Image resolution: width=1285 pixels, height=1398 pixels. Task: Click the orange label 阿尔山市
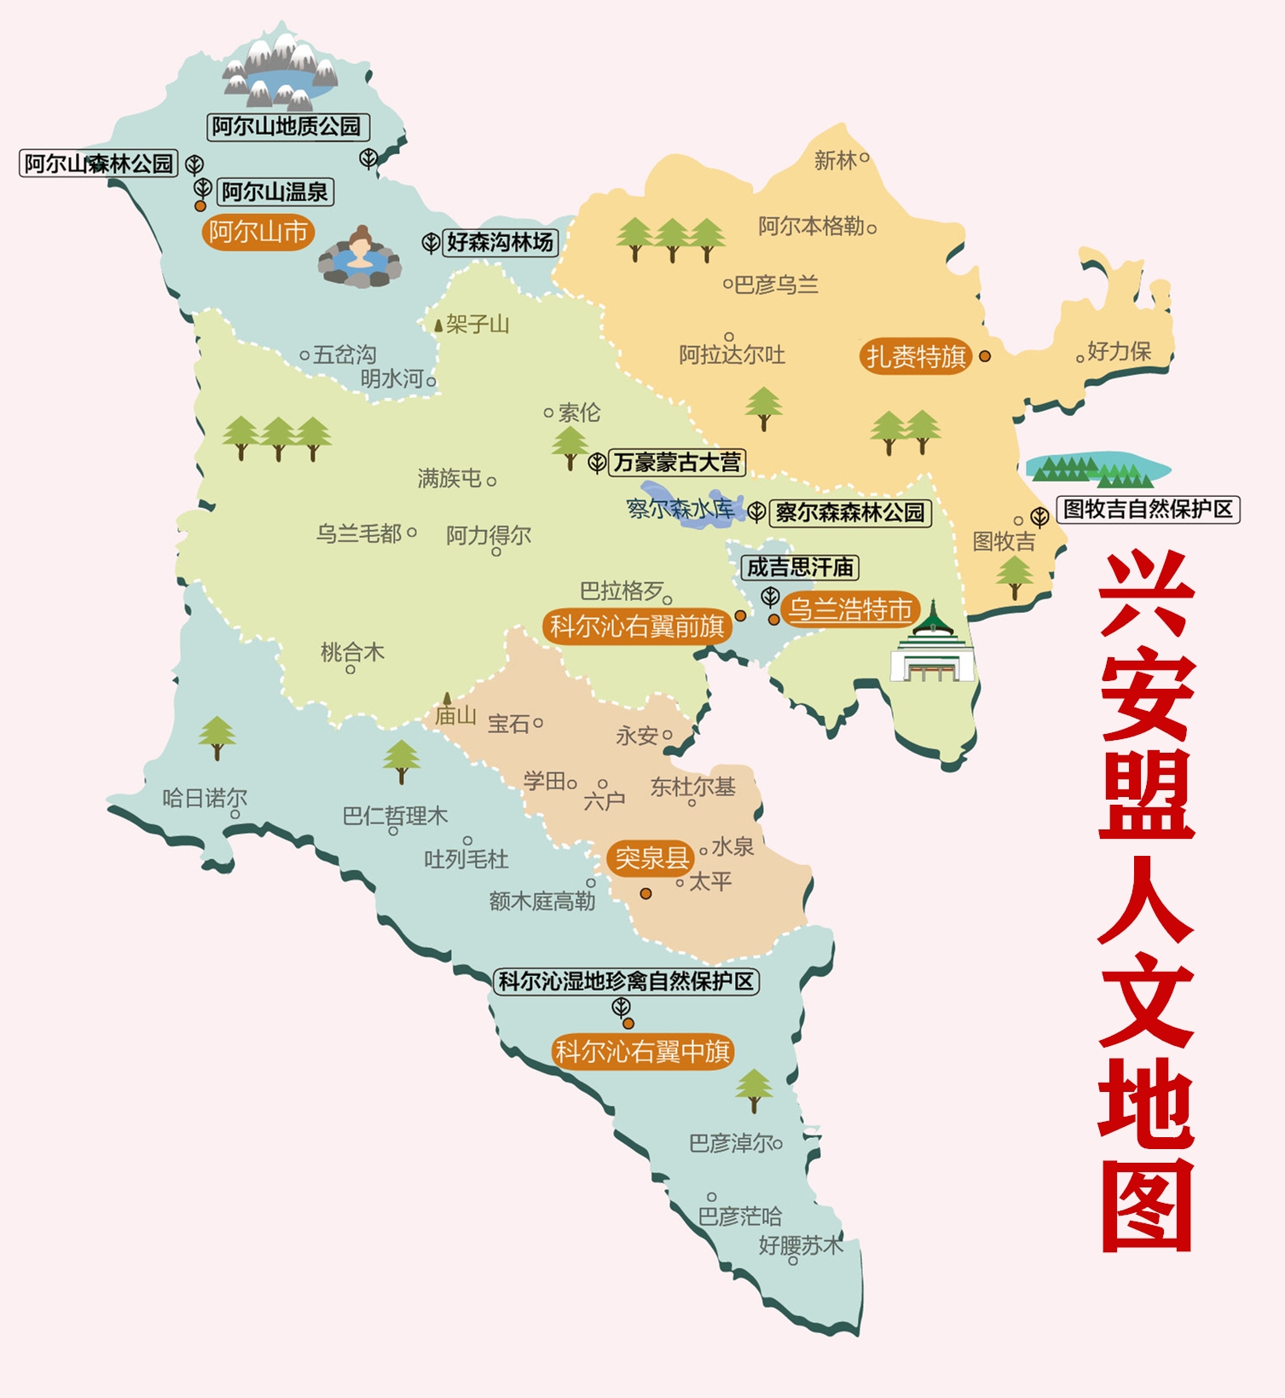[x=258, y=232]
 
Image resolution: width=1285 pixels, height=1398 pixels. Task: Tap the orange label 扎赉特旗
[x=916, y=356]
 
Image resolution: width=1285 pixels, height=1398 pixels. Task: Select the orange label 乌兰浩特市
[x=849, y=609]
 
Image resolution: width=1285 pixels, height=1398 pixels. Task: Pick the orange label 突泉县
[x=651, y=858]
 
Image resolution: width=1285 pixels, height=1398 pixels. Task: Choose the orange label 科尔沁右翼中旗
[x=642, y=1052]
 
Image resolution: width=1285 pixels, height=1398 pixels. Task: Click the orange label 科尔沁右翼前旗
[x=636, y=627]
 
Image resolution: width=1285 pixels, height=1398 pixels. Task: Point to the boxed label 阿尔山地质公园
[x=287, y=127]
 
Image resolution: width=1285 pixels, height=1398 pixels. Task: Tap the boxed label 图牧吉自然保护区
[x=1148, y=510]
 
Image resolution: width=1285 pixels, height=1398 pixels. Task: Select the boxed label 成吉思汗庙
[x=800, y=567]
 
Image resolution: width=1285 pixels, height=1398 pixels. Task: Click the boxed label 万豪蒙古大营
[x=677, y=463]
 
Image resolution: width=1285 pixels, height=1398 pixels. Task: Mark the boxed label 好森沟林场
[x=500, y=242]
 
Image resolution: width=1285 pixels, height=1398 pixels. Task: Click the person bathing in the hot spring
[x=360, y=256]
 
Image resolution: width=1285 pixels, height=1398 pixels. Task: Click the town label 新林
[x=835, y=160]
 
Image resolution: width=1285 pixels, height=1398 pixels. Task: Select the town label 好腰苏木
[x=800, y=1245]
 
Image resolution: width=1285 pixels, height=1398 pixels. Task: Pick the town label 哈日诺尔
[x=205, y=798]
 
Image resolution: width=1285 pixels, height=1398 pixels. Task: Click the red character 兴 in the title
[x=1145, y=594]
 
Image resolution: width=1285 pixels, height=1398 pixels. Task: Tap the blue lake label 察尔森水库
[x=680, y=509]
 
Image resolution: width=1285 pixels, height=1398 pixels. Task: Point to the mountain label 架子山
[x=477, y=324]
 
